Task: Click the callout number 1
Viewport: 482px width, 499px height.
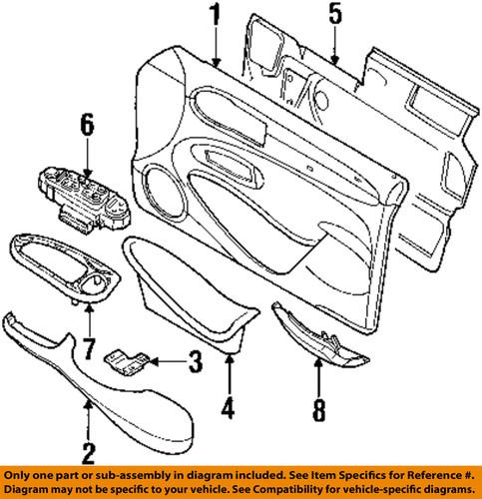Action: [x=213, y=17]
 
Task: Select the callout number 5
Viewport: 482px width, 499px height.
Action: [x=334, y=17]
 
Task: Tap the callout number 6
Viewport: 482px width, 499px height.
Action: [x=86, y=126]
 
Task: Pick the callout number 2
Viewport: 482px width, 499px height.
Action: [x=89, y=453]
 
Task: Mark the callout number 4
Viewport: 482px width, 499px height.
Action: [x=228, y=408]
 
